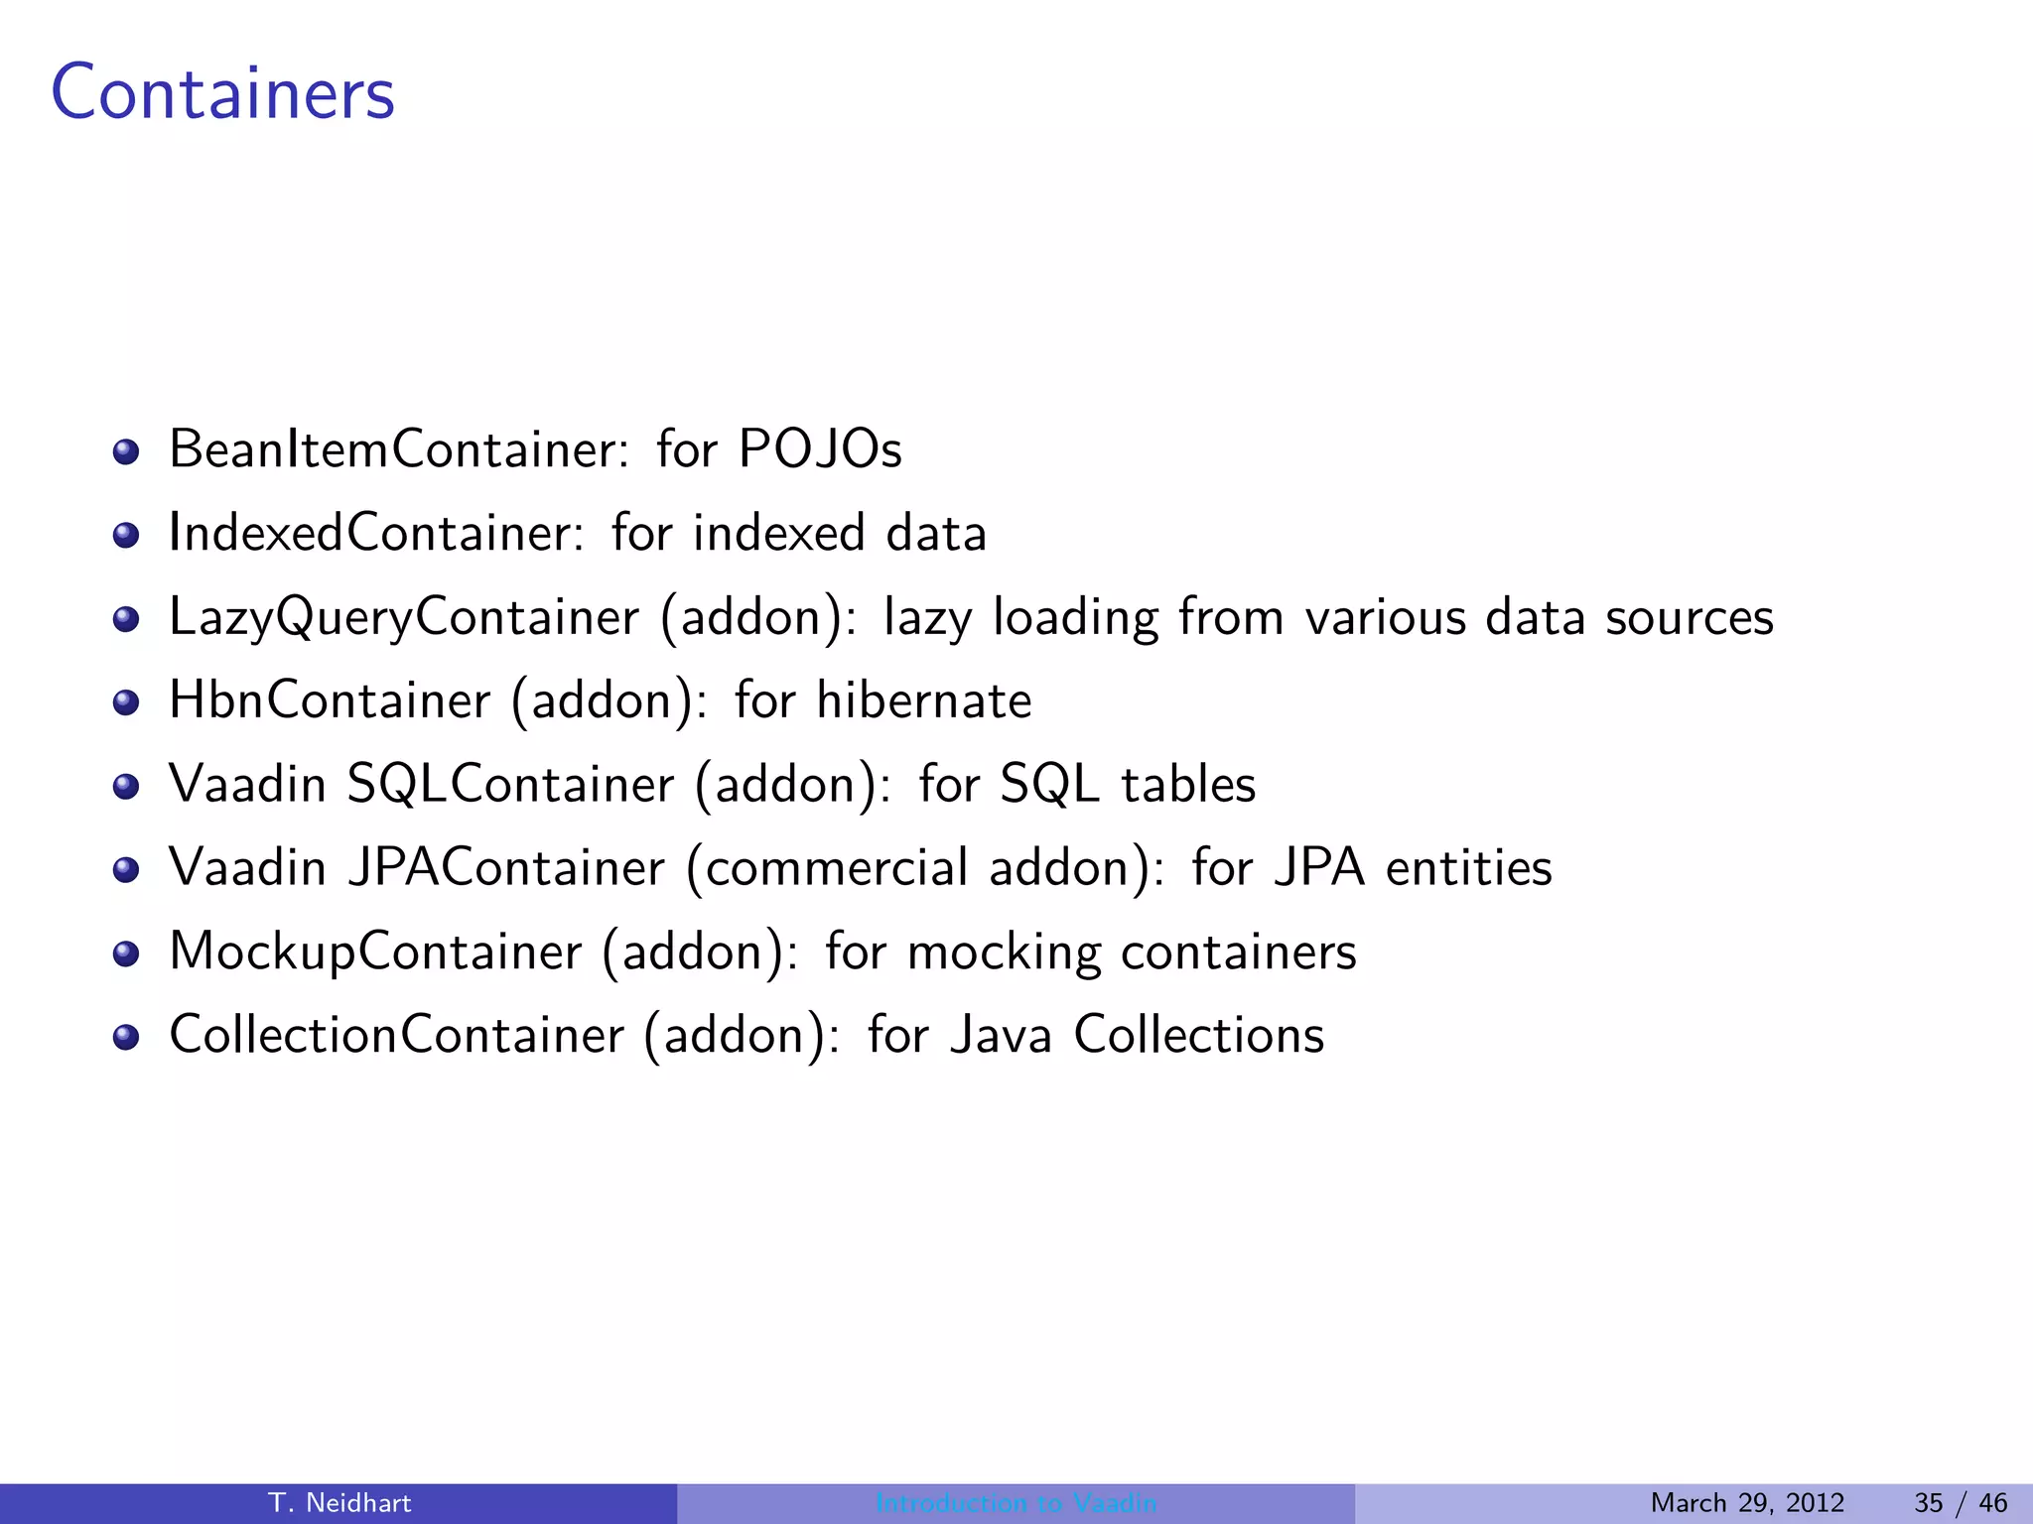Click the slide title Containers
pos(223,93)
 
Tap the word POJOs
pos(820,448)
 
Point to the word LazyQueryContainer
pos(404,617)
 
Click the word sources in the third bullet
pos(1689,617)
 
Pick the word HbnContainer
pos(330,700)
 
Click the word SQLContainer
pos(510,784)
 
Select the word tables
pos(1188,784)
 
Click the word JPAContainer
pos(506,867)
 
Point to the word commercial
pos(836,867)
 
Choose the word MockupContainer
pos(375,952)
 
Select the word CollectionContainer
pos(397,1035)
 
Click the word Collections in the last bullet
pos(1198,1035)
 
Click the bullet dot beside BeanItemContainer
pos(125,452)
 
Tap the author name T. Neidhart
pos(339,1503)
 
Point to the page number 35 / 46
pos(1961,1503)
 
